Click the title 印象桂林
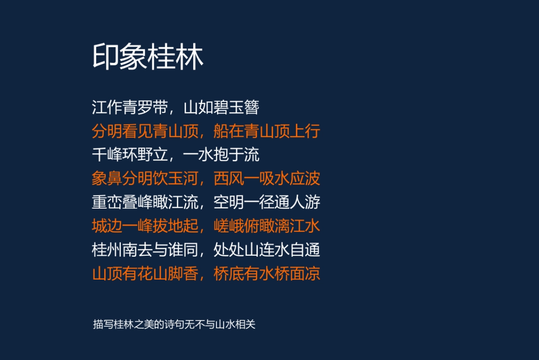pos(148,57)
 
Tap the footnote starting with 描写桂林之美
pos(174,324)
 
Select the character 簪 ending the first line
pos(252,108)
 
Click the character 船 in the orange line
pos(221,132)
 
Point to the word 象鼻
pos(107,179)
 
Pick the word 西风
pos(229,179)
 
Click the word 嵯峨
pos(229,226)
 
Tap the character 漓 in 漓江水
pos(282,226)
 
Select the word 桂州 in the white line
pos(107,250)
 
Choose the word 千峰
pos(107,156)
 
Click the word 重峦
pos(107,203)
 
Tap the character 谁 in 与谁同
pos(176,250)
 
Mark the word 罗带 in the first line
pos(153,108)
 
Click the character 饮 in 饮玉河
pos(160,179)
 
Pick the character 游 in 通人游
pos(313,203)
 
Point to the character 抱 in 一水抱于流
pos(221,156)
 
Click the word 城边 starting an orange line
pos(107,226)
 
